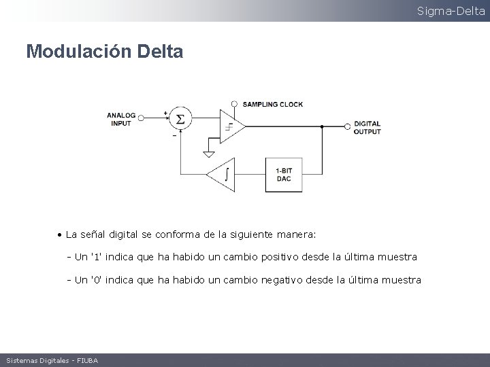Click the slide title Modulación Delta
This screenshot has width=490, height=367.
point(104,52)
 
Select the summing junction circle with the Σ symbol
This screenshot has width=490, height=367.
point(180,120)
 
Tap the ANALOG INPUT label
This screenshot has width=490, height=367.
point(121,120)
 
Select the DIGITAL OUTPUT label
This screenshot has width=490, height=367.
point(367,128)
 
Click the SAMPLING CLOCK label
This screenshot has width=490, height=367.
point(273,104)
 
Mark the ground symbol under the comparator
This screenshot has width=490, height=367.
point(209,154)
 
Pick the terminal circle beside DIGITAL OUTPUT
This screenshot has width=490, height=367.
point(348,126)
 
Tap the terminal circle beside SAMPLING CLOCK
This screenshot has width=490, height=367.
point(235,104)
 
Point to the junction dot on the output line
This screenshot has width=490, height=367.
point(321,126)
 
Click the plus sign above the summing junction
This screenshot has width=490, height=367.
point(165,112)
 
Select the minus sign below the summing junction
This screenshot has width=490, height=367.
point(175,135)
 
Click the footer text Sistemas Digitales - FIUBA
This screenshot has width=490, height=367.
point(52,360)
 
